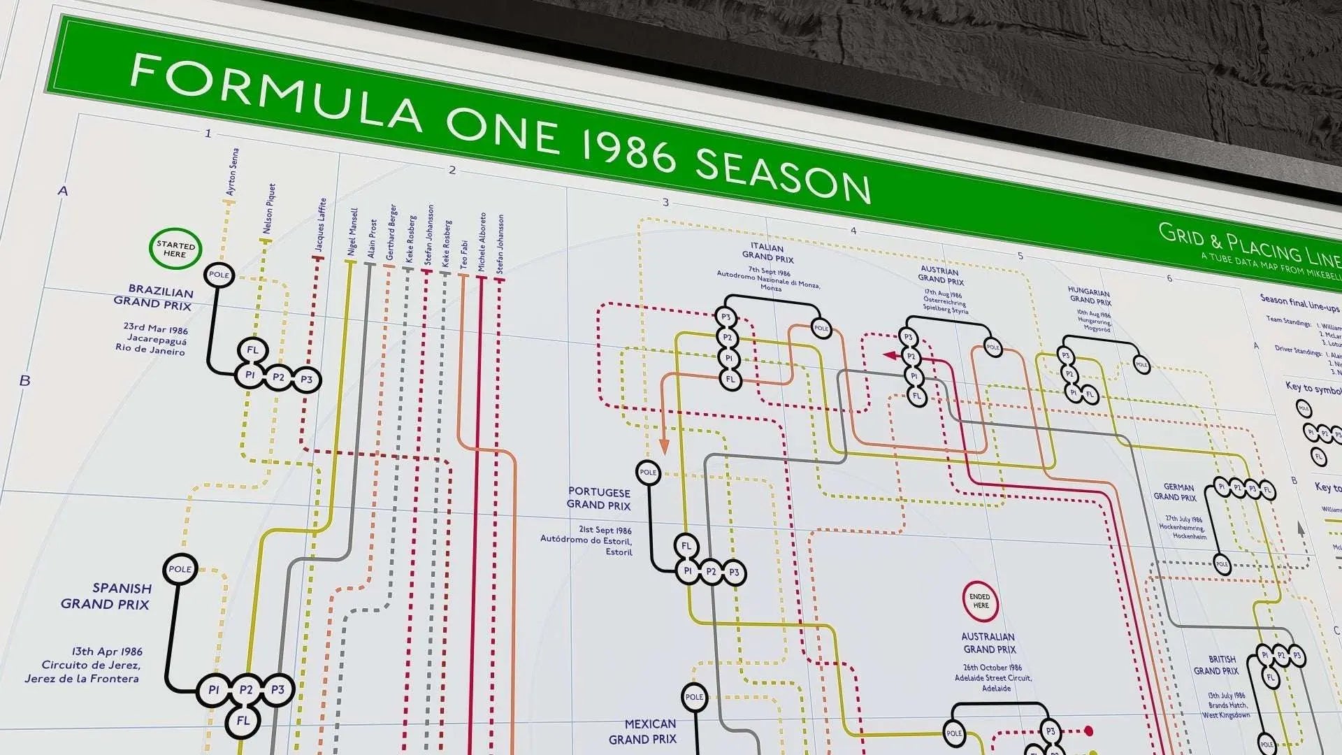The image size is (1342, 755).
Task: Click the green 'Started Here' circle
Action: [175, 249]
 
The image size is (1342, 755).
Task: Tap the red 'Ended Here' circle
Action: [980, 601]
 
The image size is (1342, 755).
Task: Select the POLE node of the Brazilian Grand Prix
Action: [219, 275]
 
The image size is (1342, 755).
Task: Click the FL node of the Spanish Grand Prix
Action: [243, 720]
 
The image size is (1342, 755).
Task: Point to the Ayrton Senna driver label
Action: [232, 172]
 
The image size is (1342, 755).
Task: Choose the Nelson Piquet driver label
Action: [268, 208]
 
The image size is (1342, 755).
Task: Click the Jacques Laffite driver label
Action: [320, 225]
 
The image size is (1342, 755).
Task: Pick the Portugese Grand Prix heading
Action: [599, 498]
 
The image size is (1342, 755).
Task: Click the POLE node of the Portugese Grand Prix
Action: [648, 472]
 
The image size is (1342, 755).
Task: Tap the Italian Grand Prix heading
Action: [767, 252]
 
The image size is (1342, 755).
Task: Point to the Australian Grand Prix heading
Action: [988, 642]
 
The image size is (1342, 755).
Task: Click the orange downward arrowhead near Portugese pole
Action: [664, 445]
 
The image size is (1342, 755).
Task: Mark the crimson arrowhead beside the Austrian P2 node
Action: [890, 355]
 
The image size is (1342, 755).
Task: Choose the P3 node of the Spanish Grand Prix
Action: [278, 689]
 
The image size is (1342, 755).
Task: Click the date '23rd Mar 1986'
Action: [156, 328]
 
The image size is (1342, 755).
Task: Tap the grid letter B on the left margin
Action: [25, 381]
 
